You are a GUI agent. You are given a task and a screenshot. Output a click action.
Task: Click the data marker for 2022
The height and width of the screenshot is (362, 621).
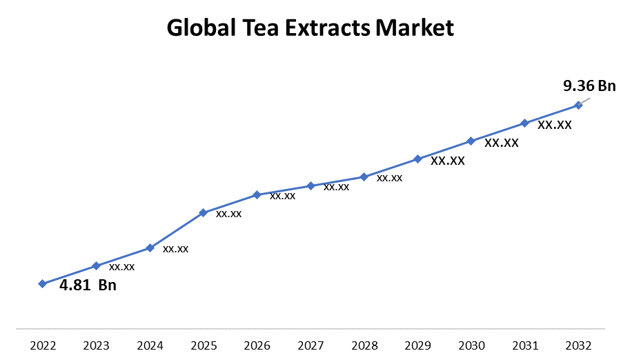[x=42, y=283]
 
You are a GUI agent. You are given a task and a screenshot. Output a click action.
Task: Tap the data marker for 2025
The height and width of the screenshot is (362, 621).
[x=203, y=212]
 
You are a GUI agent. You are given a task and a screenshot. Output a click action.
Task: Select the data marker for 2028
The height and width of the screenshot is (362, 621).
[x=364, y=177]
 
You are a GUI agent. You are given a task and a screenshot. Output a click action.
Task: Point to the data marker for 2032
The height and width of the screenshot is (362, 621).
[x=578, y=105]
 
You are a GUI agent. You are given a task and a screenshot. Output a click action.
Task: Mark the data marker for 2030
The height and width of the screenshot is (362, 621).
[x=471, y=141]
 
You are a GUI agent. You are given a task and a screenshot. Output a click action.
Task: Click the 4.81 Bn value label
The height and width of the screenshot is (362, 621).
[x=88, y=285]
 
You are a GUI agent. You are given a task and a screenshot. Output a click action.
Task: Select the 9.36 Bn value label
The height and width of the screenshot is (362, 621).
[x=589, y=86]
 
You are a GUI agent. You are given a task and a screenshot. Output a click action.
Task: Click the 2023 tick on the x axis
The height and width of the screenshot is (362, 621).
[x=96, y=345]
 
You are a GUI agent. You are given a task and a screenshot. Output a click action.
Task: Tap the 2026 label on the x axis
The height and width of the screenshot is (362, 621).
[x=257, y=345]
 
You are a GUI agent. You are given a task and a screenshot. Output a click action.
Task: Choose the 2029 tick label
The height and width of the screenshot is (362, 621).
[x=417, y=345]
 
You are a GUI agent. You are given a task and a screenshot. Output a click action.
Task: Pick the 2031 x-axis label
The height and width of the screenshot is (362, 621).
[x=524, y=345]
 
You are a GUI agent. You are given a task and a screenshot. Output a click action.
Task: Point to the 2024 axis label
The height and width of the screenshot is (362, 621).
[x=150, y=345]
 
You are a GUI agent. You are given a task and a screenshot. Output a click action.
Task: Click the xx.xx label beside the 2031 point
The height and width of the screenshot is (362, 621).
[x=555, y=125]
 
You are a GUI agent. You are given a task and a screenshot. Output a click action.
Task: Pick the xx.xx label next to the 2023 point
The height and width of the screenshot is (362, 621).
[x=121, y=267]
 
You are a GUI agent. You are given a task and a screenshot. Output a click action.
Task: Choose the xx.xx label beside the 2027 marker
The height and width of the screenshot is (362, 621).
[x=336, y=187]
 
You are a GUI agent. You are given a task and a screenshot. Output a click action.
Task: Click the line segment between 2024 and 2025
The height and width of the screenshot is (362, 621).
[x=177, y=230]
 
